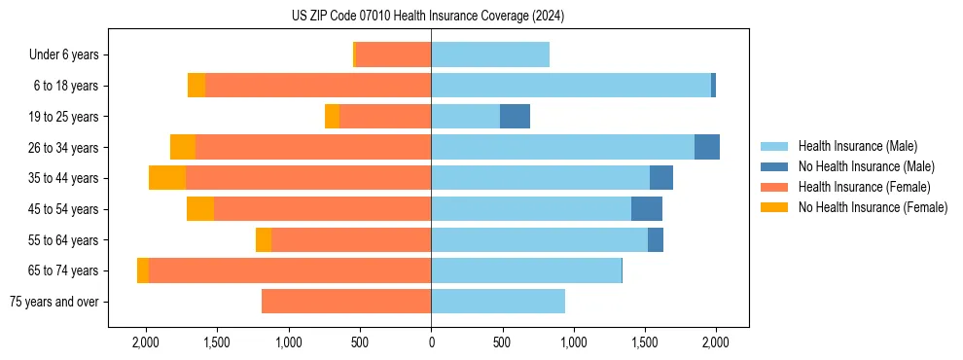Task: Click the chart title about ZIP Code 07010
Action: pos(428,17)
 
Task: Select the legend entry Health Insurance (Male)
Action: pos(857,146)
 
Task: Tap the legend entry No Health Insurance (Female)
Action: pos(873,207)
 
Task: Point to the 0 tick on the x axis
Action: pos(431,342)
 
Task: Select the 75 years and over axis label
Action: pos(53,302)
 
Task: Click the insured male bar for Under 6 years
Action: pos(490,55)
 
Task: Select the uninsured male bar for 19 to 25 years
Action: pos(515,117)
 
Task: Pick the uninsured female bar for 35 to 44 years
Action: pos(167,178)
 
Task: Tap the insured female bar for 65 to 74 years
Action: pos(290,270)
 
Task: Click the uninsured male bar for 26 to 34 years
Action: pos(707,147)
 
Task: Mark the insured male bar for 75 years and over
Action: pos(498,302)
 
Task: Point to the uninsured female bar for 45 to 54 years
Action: pos(200,209)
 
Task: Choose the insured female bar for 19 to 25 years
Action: pos(385,117)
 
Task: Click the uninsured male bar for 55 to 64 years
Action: pos(656,239)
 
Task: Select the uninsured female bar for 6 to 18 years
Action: pos(196,86)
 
